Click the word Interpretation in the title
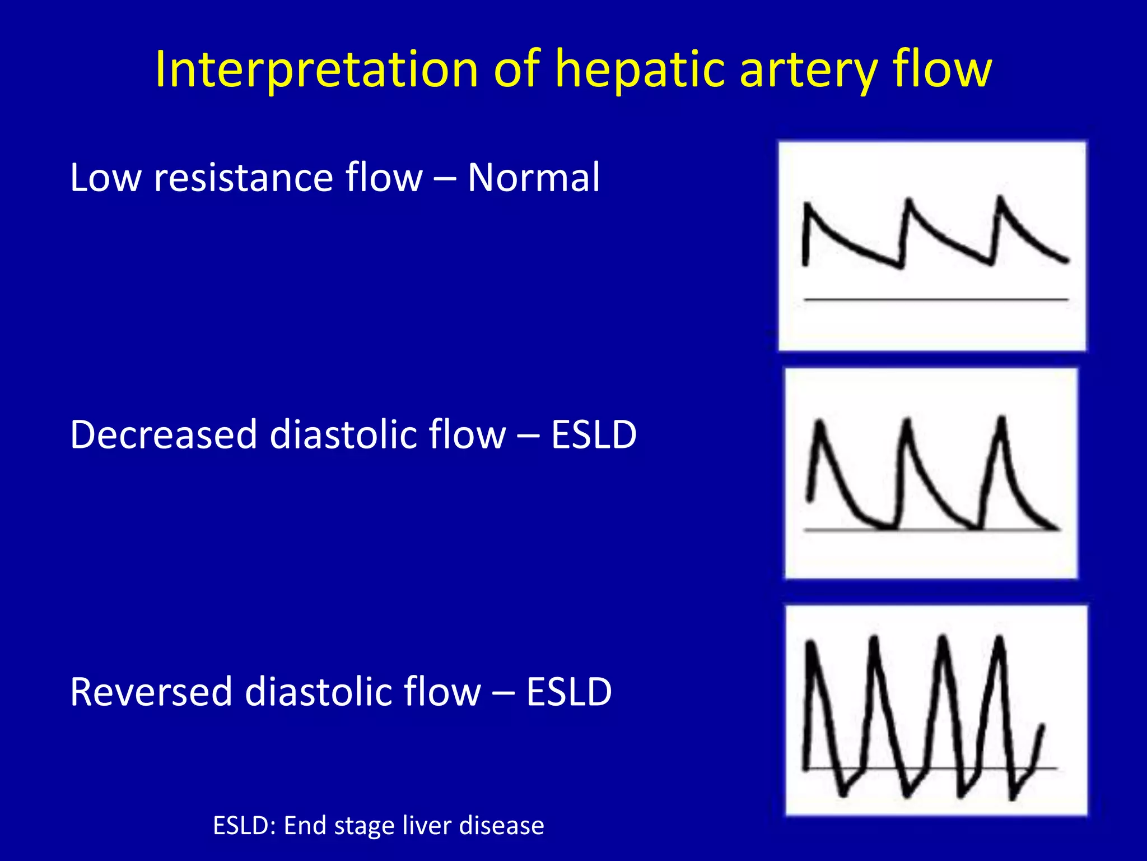coord(316,70)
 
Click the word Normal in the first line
coord(533,178)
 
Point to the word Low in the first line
coord(105,178)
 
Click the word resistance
coord(243,178)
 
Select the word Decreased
coord(164,434)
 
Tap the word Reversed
coord(151,692)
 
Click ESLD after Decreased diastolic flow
coord(594,434)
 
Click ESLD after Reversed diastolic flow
coord(568,692)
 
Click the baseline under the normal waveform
coord(935,300)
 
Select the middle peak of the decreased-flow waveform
coord(907,422)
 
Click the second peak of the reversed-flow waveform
coord(874,639)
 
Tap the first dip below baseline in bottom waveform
coord(843,792)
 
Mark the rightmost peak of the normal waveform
coord(1000,199)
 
